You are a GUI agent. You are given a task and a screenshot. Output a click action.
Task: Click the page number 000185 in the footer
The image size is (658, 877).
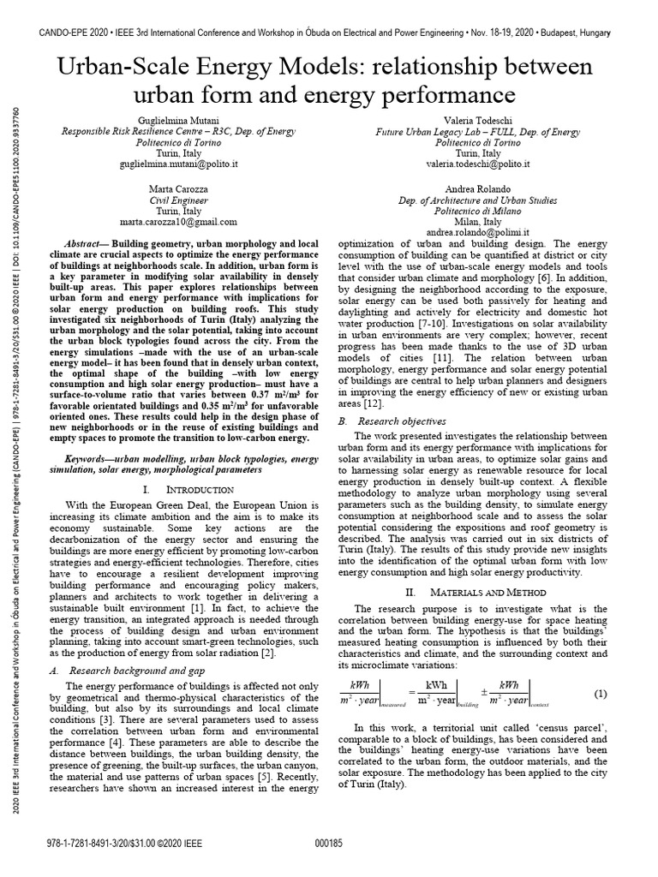[x=329, y=844]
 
